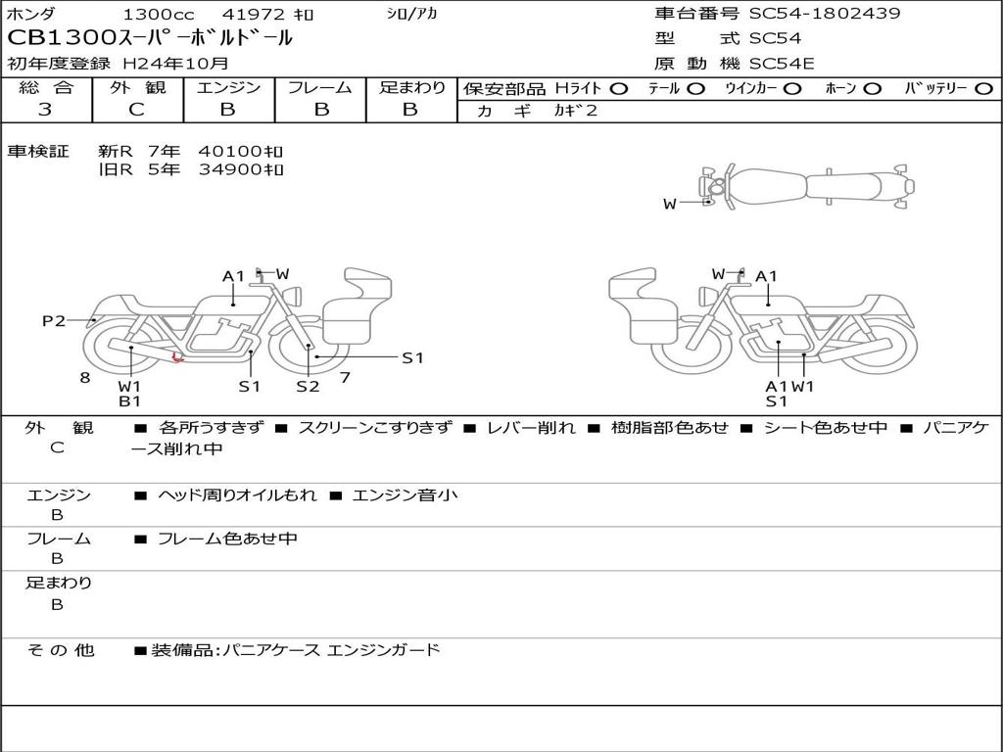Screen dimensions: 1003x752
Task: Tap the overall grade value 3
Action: (45, 110)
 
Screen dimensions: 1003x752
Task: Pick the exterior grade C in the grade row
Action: (136, 110)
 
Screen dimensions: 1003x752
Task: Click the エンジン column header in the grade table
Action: (228, 88)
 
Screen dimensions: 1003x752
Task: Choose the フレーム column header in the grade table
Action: (319, 88)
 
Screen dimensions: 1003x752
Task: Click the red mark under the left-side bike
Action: (177, 357)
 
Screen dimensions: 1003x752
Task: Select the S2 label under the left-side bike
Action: (308, 386)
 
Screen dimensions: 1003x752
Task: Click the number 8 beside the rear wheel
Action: (85, 377)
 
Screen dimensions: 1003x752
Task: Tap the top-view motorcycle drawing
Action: (808, 186)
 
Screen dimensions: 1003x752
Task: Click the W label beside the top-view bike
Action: (670, 204)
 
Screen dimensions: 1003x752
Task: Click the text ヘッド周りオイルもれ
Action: (237, 495)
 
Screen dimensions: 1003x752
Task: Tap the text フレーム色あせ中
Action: (227, 539)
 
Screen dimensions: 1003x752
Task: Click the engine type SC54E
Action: (782, 65)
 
